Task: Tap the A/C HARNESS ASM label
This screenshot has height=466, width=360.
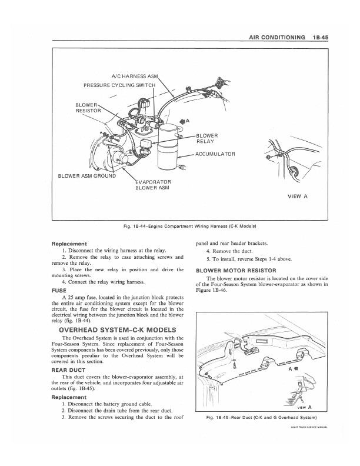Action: point(134,76)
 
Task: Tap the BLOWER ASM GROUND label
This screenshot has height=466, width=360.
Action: point(86,175)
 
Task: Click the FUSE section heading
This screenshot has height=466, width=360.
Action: point(59,290)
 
